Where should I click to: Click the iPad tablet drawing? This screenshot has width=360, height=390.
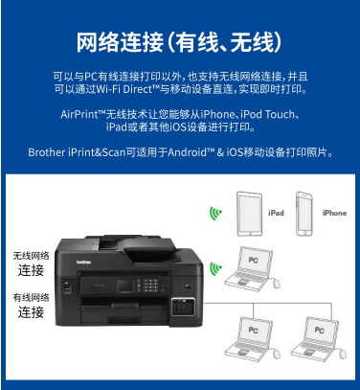click(250, 214)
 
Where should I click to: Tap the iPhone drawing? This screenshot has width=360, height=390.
click(304, 214)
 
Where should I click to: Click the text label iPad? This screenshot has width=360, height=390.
click(276, 213)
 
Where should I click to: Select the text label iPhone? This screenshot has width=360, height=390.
click(334, 213)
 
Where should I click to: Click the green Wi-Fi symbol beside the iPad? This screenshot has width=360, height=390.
click(215, 214)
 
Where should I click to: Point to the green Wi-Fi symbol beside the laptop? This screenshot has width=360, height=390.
click(215, 268)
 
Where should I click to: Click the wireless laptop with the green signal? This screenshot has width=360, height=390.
click(252, 268)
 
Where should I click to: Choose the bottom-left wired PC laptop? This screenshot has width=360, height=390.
click(252, 339)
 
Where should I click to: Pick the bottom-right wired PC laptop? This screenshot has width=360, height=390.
click(319, 339)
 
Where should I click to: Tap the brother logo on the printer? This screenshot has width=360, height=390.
click(83, 263)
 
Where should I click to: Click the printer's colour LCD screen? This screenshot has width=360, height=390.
click(124, 286)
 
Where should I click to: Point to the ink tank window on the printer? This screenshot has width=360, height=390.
click(183, 308)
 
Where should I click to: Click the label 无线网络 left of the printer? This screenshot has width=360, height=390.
click(31, 256)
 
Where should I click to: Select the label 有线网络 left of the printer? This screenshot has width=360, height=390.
click(31, 298)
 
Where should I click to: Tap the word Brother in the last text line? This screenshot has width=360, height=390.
click(47, 152)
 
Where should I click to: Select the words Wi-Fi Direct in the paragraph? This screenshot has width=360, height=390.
click(124, 89)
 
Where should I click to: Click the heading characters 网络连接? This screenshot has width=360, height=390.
click(120, 42)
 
